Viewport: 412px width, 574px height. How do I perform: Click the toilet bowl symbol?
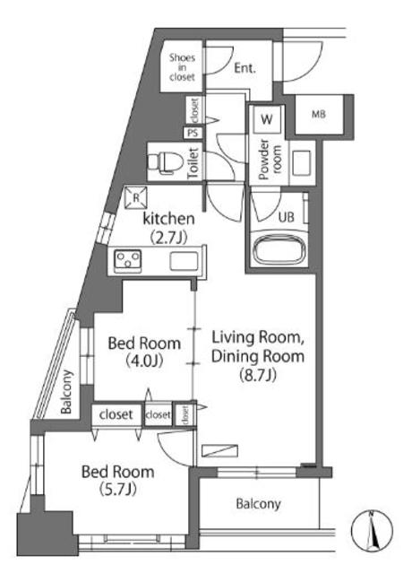tap(161, 161)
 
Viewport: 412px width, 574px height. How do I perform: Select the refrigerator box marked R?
tap(136, 197)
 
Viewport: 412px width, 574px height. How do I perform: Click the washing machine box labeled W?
tap(267, 119)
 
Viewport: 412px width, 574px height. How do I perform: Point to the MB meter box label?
tap(319, 114)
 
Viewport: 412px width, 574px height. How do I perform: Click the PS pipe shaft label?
tap(193, 133)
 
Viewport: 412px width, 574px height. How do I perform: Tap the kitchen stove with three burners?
tap(127, 260)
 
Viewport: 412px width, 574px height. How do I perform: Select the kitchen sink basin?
tap(184, 261)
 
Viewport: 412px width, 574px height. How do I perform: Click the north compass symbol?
tap(372, 531)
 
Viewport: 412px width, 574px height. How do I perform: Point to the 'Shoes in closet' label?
tap(182, 67)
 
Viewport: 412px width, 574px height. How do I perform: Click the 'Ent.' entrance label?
tap(245, 68)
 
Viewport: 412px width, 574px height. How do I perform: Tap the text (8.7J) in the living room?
tap(258, 375)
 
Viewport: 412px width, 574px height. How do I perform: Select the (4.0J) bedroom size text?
tap(144, 361)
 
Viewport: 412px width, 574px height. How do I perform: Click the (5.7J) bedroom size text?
tap(117, 489)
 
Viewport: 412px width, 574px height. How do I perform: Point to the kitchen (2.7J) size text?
tap(168, 238)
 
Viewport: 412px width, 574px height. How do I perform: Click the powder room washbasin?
tap(302, 163)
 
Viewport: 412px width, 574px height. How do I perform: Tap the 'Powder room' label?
tap(270, 160)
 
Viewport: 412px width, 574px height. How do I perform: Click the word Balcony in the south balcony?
tap(258, 504)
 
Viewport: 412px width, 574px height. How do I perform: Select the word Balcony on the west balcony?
tap(66, 392)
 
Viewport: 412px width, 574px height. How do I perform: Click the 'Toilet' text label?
tap(193, 163)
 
